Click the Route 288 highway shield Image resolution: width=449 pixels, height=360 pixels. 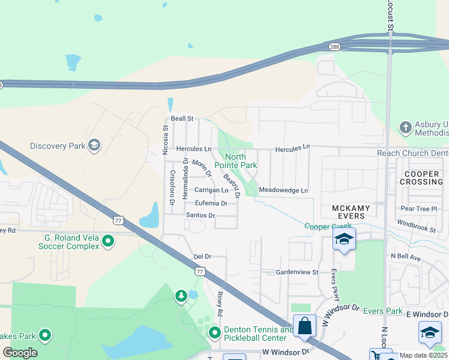pyautogui.click(x=333, y=46)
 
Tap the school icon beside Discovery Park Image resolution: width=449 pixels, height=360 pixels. pyautogui.click(x=94, y=145)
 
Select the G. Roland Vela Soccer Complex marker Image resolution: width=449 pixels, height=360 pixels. pyautogui.click(x=108, y=241)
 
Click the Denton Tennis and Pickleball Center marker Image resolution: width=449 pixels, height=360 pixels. pyautogui.click(x=214, y=332)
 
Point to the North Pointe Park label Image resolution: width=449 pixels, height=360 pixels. pyautogui.click(x=240, y=161)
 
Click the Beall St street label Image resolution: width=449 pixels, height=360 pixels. pyautogui.click(x=182, y=119)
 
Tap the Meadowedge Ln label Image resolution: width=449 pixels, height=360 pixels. pyautogui.click(x=283, y=191)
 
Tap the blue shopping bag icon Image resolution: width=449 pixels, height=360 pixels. pyautogui.click(x=305, y=326)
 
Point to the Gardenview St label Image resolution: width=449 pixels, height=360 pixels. pyautogui.click(x=297, y=272)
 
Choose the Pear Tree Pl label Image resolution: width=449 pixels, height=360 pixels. pyautogui.click(x=415, y=209)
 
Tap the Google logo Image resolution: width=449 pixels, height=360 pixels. pyautogui.click(x=19, y=353)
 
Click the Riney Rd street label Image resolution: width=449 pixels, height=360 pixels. pyautogui.click(x=220, y=305)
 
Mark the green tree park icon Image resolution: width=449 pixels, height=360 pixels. pyautogui.click(x=181, y=296)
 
